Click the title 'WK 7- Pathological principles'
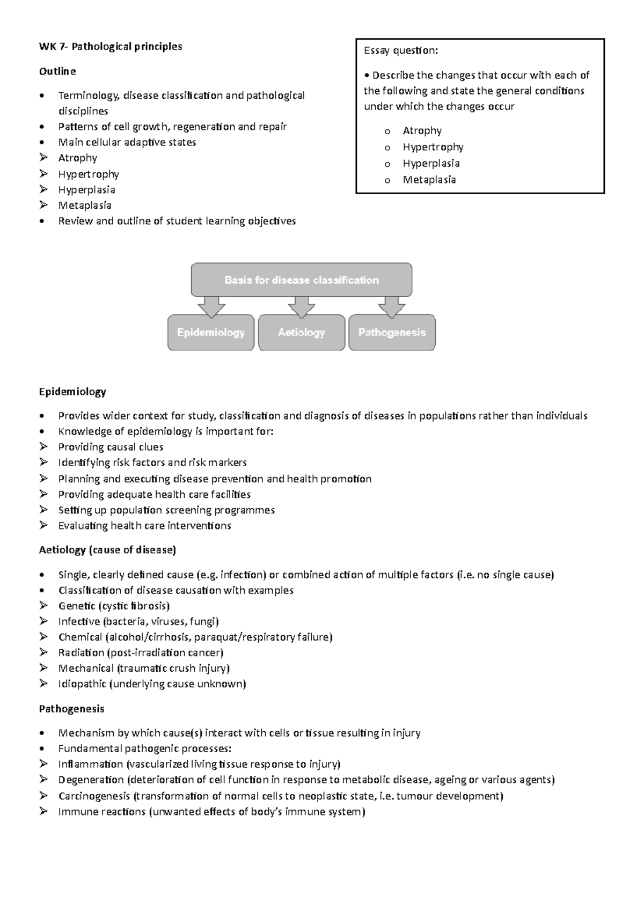coord(110,47)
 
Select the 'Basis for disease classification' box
coord(301,280)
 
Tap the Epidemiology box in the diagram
coord(210,333)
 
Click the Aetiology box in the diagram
coord(301,333)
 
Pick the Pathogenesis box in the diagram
coord(392,333)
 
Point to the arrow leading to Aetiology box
coord(301,307)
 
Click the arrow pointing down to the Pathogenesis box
coord(392,307)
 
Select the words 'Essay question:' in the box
coord(400,50)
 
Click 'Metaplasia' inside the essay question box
coord(429,180)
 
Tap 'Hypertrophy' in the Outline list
coord(88,174)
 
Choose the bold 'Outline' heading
coord(57,71)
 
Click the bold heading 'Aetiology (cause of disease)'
coord(107,550)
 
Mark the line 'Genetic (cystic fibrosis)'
coord(114,606)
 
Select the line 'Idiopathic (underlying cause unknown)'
coord(152,684)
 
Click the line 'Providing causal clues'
coord(111,447)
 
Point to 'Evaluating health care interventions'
coord(144,525)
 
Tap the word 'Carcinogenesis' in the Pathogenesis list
coord(94,796)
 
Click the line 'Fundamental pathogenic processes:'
coord(145,748)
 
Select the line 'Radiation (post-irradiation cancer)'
coord(141,652)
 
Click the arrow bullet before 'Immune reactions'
coord(43,811)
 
